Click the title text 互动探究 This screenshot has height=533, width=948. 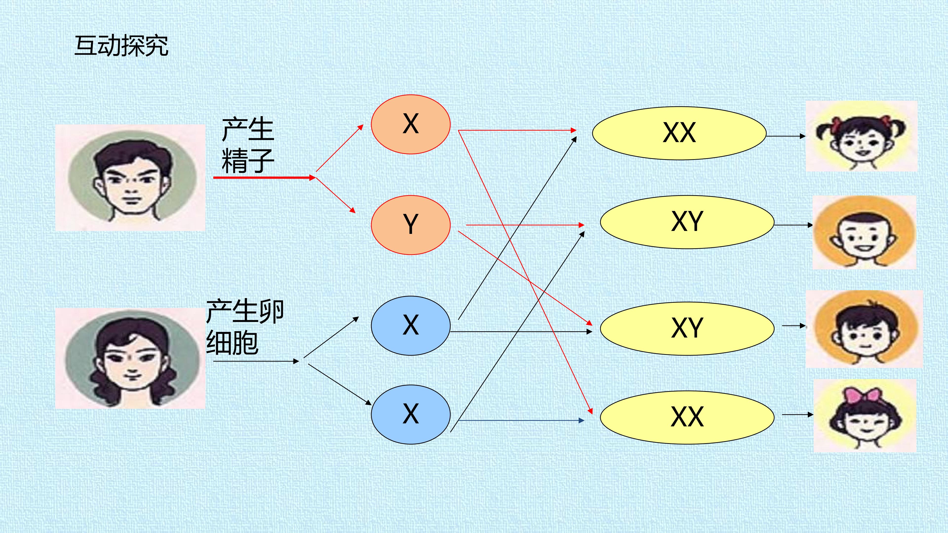121,46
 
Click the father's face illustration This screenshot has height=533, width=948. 130,178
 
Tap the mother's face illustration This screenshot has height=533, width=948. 130,359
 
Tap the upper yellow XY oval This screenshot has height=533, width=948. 687,222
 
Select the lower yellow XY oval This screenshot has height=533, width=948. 687,328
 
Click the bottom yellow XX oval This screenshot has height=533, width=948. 687,418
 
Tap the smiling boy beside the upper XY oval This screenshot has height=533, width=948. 864,232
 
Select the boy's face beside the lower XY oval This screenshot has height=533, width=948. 864,329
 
